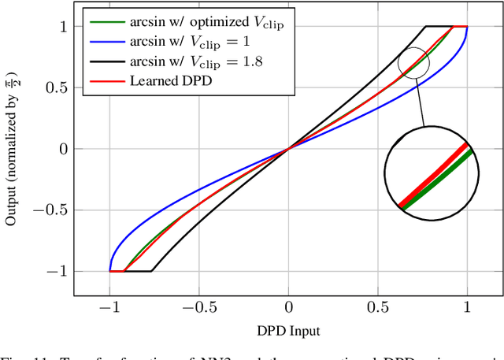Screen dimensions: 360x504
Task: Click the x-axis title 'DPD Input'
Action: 288,331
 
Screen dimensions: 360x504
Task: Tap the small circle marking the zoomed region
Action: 413,63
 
